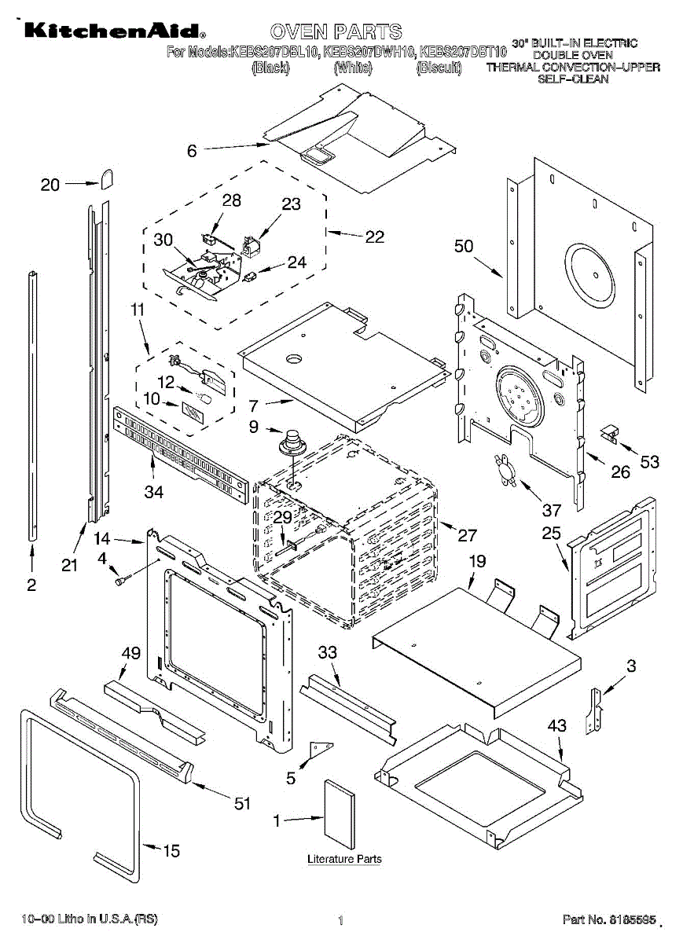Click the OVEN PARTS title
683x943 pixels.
336,32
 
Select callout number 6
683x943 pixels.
192,152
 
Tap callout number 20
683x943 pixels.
50,185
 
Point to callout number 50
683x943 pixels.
464,246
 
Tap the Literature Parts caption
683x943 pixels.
344,859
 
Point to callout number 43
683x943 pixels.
556,726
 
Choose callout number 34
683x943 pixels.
153,493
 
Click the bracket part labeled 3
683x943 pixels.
597,710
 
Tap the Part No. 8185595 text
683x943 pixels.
609,919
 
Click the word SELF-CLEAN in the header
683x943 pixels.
573,79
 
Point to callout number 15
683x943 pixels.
171,850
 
